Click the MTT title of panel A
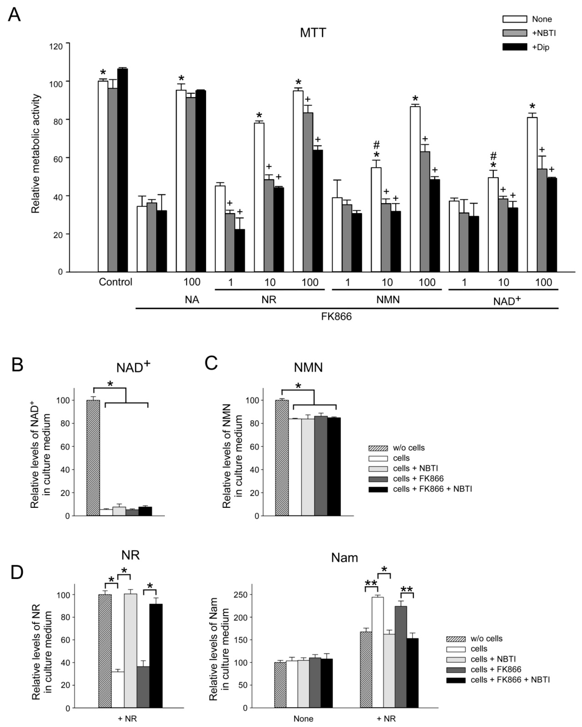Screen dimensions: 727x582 pos(313,33)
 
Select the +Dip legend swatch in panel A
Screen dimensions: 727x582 pos(514,47)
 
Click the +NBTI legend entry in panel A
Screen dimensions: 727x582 pos(544,33)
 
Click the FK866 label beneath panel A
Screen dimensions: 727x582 pos(336,317)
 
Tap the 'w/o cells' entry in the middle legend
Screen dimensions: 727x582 pos(408,448)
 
